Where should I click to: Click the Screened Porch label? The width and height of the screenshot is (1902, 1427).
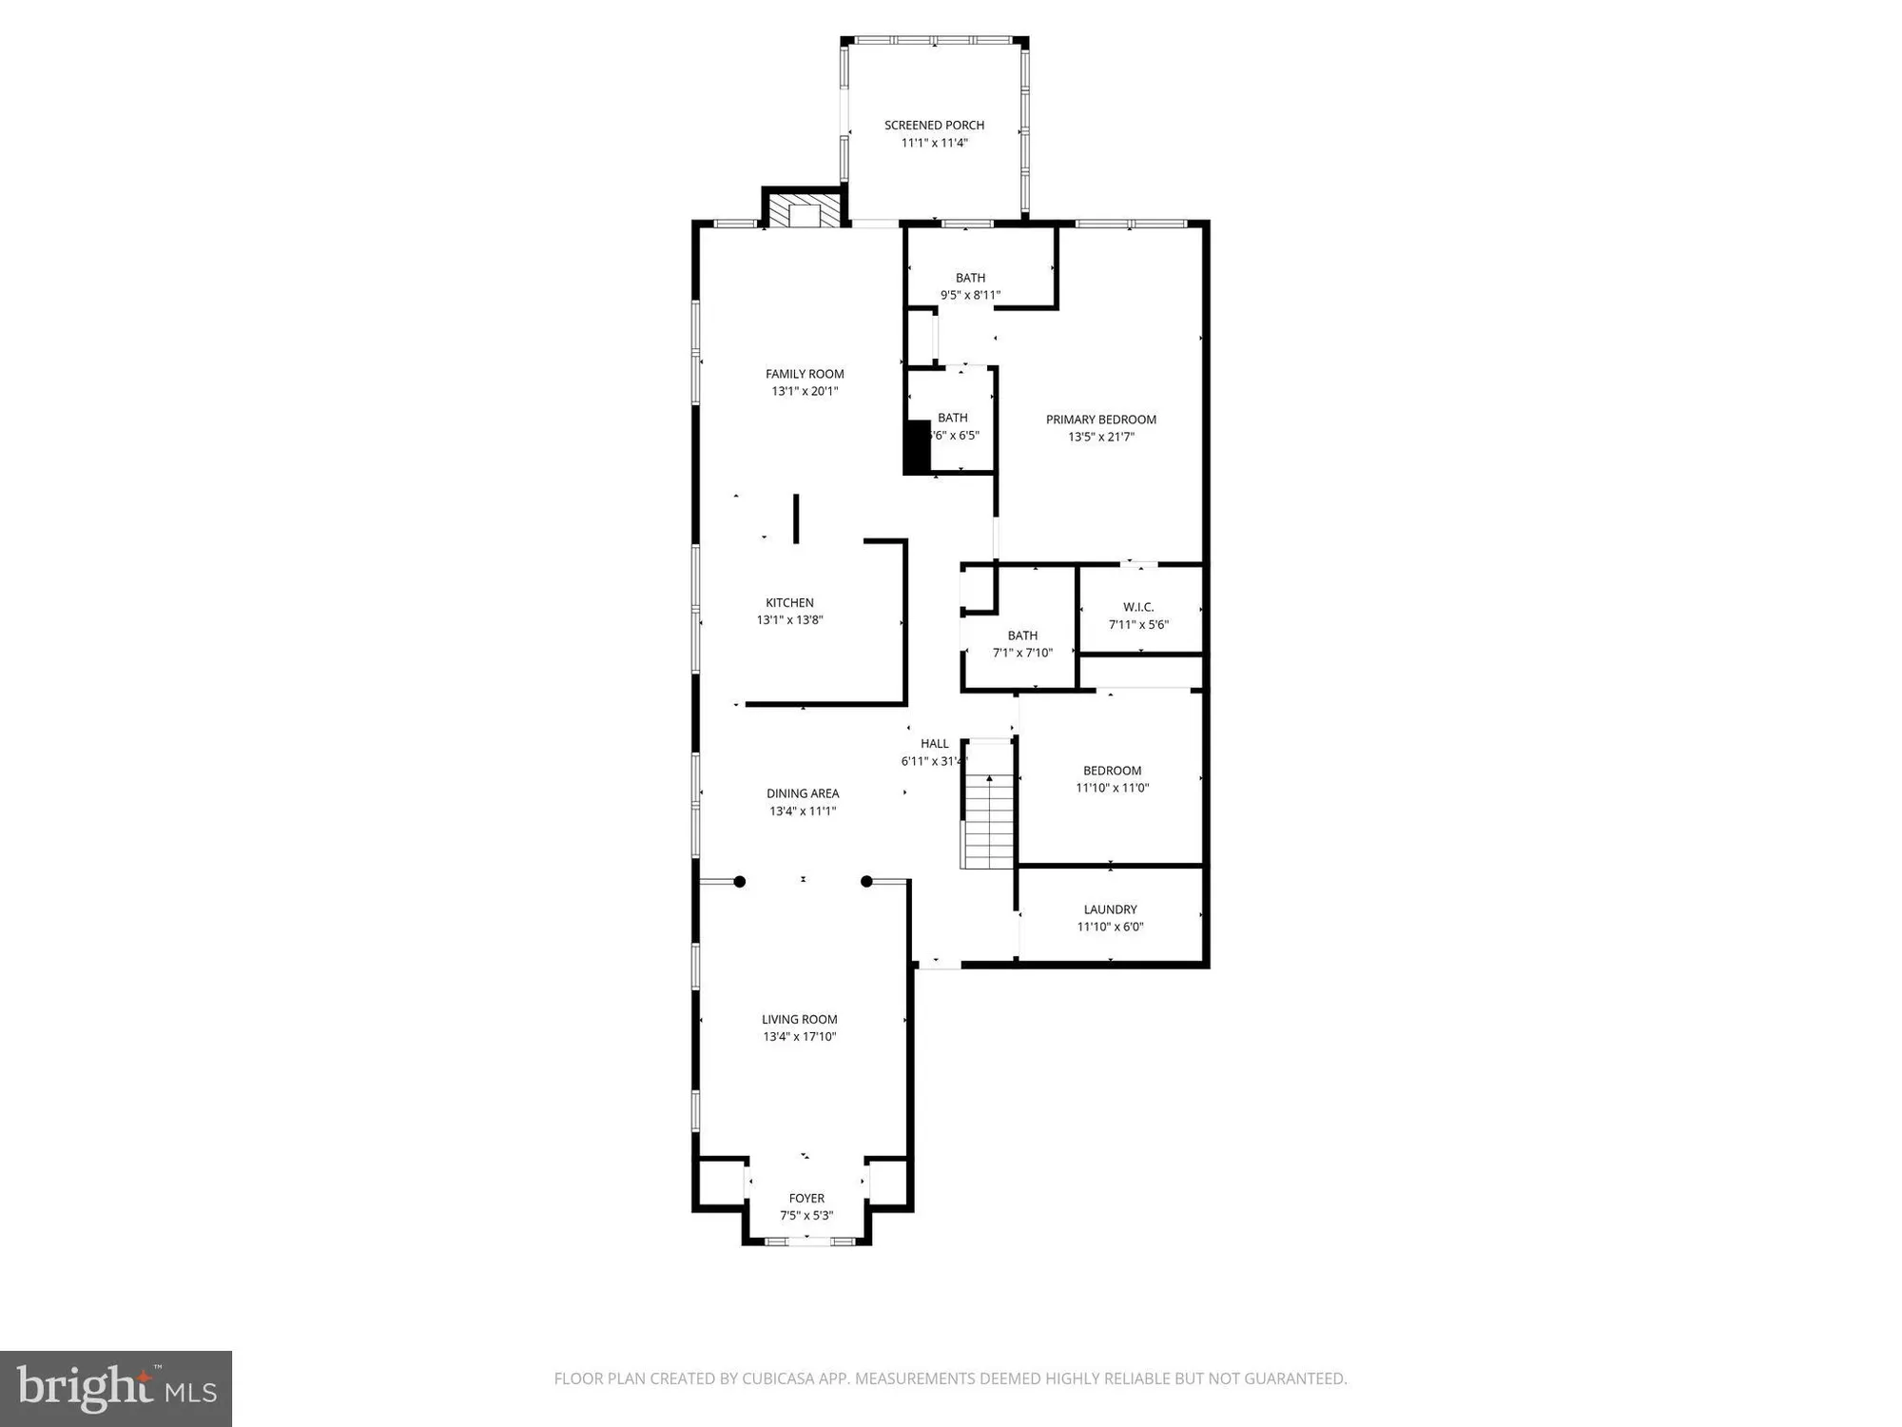pos(934,126)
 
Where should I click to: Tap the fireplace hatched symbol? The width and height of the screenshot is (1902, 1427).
pos(805,211)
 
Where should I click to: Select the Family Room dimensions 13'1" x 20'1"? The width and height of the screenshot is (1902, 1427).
pos(805,391)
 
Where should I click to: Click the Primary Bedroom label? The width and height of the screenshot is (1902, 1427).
pos(1100,420)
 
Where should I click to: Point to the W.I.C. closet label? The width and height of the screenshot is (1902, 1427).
pos(1138,607)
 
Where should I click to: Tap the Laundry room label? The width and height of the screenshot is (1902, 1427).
pos(1110,909)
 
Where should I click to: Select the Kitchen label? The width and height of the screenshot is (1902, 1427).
pos(789,602)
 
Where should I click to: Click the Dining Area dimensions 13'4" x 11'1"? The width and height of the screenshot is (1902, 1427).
pos(803,811)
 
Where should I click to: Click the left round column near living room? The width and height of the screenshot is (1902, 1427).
pos(740,882)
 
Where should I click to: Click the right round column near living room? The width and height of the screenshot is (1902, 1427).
pos(866,882)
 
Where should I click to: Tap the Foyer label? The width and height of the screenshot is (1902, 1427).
pos(806,1199)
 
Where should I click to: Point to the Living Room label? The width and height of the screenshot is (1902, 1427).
pos(799,1019)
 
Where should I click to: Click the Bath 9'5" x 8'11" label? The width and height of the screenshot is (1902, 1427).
pos(970,278)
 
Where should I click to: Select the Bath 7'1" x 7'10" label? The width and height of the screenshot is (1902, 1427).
pos(1022,635)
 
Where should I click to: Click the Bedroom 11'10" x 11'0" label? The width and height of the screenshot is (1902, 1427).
pos(1112,771)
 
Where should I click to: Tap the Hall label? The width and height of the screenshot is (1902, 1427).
pos(934,744)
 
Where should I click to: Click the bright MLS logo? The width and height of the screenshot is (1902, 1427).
pos(116,1388)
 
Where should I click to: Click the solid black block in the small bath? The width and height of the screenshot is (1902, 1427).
pos(917,446)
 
